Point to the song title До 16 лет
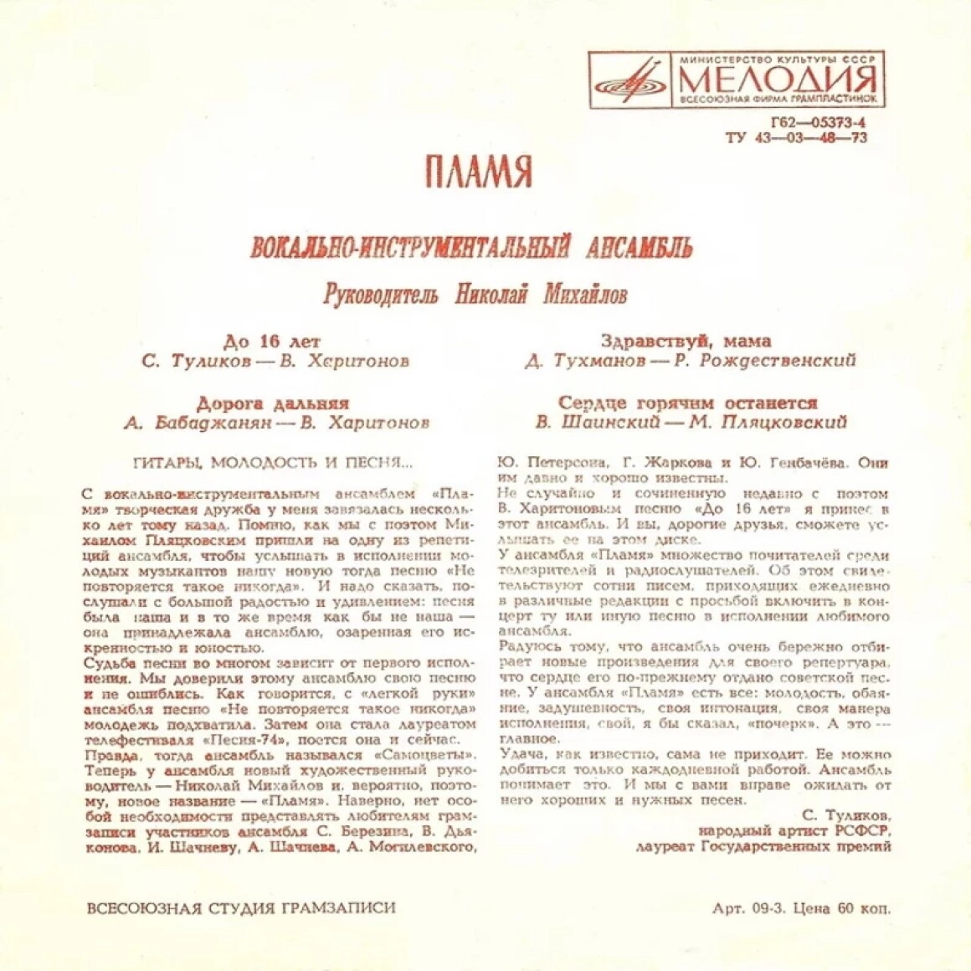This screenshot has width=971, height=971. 272,342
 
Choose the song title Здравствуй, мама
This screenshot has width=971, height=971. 686,342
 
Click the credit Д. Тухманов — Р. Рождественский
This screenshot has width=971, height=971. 690,362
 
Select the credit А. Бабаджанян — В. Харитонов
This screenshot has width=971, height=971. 276,423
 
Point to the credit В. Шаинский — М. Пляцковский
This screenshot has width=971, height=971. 691,423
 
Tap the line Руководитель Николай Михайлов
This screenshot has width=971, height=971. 475,295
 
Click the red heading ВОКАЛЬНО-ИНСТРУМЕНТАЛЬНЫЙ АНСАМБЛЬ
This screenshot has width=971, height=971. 472,248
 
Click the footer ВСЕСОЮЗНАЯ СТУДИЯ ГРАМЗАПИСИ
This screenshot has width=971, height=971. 241,907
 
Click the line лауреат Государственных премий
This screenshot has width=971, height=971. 763,846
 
